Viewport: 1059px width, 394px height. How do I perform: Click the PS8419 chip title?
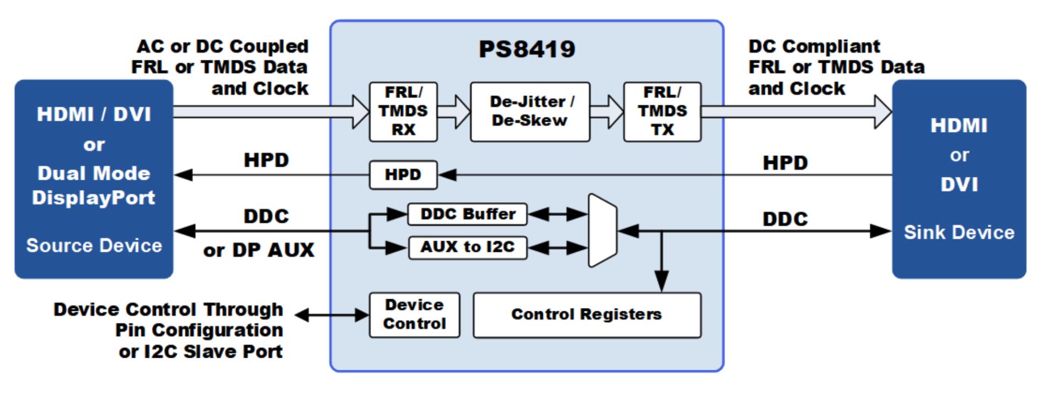pyautogui.click(x=527, y=49)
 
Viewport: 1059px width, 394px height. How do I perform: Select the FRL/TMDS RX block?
pyautogui.click(x=403, y=112)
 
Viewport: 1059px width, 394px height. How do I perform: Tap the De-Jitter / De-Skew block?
pyautogui.click(x=529, y=112)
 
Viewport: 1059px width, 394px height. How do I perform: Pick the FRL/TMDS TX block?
pyautogui.click(x=662, y=112)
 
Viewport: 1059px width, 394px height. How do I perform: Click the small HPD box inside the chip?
pyautogui.click(x=403, y=175)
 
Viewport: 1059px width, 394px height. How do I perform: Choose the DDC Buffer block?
pyautogui.click(x=467, y=214)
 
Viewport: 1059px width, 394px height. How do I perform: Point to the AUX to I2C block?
pyautogui.click(x=467, y=247)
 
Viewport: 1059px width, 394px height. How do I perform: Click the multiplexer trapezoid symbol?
pyautogui.click(x=602, y=230)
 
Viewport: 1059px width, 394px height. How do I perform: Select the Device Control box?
pyautogui.click(x=414, y=315)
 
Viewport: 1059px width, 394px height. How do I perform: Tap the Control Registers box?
pyautogui.click(x=587, y=315)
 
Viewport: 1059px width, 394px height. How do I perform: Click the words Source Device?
pyautogui.click(x=94, y=246)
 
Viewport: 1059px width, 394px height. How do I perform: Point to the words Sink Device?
pyautogui.click(x=959, y=233)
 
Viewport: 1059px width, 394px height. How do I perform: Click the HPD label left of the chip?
pyautogui.click(x=266, y=160)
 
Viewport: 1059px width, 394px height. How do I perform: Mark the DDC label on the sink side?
pyautogui.click(x=785, y=219)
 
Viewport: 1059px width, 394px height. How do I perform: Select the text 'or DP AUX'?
pyautogui.click(x=258, y=250)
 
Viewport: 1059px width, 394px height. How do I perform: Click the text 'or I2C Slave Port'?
pyautogui.click(x=200, y=352)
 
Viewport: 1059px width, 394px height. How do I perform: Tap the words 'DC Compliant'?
pyautogui.click(x=814, y=46)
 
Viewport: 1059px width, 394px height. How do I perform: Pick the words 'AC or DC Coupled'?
pyautogui.click(x=222, y=46)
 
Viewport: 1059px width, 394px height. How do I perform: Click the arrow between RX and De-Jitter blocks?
pyautogui.click(x=453, y=112)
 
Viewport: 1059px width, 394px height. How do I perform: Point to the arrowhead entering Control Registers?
pyautogui.click(x=661, y=282)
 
